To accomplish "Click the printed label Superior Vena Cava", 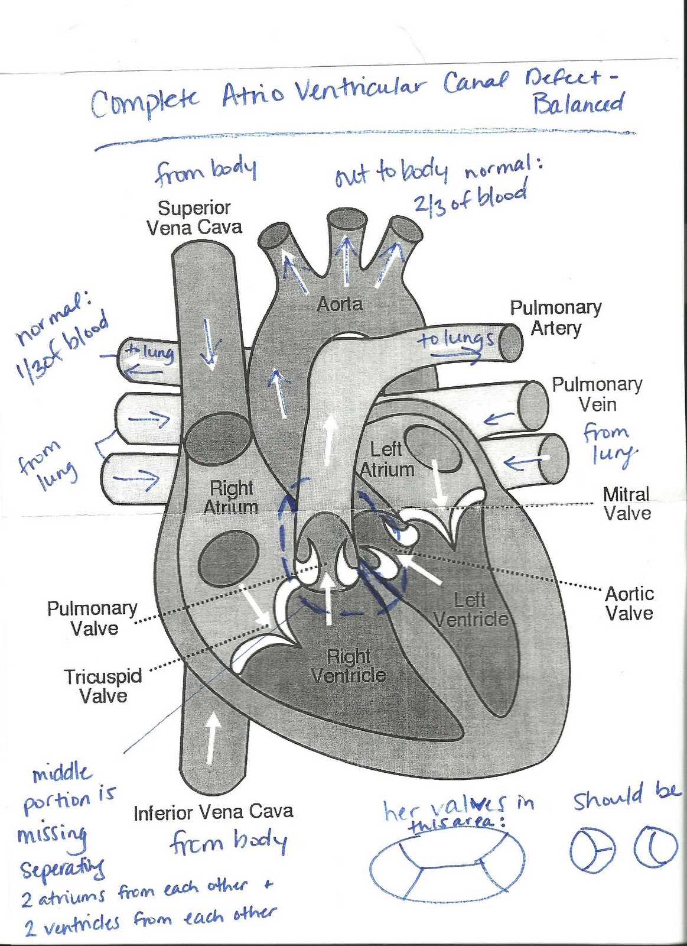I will point(194,218).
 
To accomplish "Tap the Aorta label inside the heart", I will point(340,304).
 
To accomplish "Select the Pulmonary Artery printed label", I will point(556,318).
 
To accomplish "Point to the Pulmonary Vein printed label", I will point(597,394).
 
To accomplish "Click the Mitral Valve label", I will point(627,503).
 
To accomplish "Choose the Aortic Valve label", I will point(630,603).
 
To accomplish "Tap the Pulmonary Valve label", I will point(92,618).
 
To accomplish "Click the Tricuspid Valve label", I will point(103,686).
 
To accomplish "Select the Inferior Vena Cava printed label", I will point(213,812).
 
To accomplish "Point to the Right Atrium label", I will point(231,497).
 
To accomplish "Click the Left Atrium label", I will point(387,459).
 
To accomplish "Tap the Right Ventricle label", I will point(349,666).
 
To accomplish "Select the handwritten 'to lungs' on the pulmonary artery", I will point(456,339).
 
